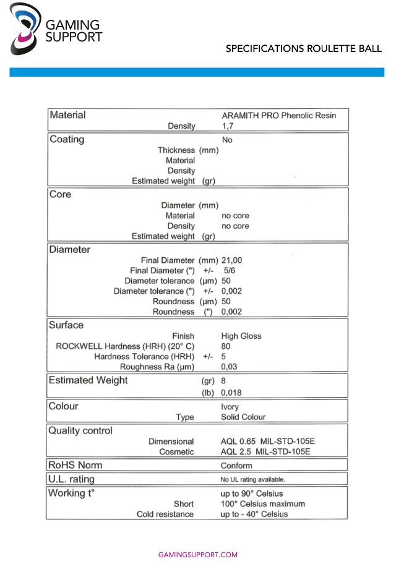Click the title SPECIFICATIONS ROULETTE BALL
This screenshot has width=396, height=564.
tap(303, 48)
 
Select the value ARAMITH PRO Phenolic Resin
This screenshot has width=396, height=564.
tap(278, 116)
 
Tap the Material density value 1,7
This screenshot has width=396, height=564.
tap(227, 126)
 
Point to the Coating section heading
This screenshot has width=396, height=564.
tap(67, 139)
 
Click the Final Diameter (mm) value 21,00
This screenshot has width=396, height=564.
tap(231, 260)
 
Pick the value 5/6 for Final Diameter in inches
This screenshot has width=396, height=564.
tap(229, 271)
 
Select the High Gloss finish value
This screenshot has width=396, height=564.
tap(241, 336)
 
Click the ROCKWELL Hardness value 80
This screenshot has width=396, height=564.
tap(226, 346)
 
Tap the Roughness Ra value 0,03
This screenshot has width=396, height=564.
tap(229, 367)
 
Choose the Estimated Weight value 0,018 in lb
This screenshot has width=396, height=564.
tap(231, 392)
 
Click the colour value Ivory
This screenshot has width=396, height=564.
tap(230, 407)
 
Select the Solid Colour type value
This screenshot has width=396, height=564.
tap(243, 417)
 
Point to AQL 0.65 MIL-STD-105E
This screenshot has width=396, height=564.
tap(268, 442)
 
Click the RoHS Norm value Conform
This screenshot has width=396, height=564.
tap(236, 465)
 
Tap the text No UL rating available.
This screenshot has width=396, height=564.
tap(252, 479)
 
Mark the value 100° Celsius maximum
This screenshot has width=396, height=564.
tap(262, 504)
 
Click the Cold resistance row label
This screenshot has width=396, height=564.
tap(165, 514)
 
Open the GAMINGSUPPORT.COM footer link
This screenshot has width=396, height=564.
tap(198, 555)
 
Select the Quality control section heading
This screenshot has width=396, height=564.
tap(80, 430)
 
